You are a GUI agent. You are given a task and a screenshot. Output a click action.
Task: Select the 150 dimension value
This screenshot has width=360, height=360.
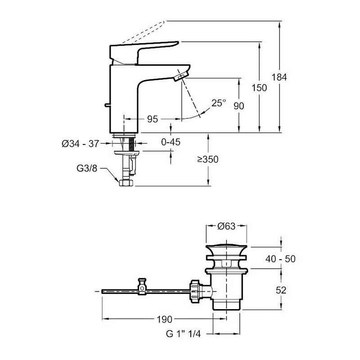[x=260, y=88]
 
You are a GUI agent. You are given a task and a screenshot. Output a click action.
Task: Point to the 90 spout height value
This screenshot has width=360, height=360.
[x=238, y=106]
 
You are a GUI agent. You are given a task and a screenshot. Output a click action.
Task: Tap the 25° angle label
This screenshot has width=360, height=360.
[x=219, y=103]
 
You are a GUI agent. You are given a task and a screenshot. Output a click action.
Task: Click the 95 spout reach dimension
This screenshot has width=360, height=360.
[x=153, y=119]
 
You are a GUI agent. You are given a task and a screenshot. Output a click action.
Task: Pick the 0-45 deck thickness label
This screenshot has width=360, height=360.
[x=171, y=143]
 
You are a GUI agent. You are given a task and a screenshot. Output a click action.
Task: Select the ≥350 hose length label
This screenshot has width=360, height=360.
[x=207, y=160]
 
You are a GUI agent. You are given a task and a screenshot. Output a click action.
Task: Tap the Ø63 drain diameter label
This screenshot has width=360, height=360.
[x=227, y=227]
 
